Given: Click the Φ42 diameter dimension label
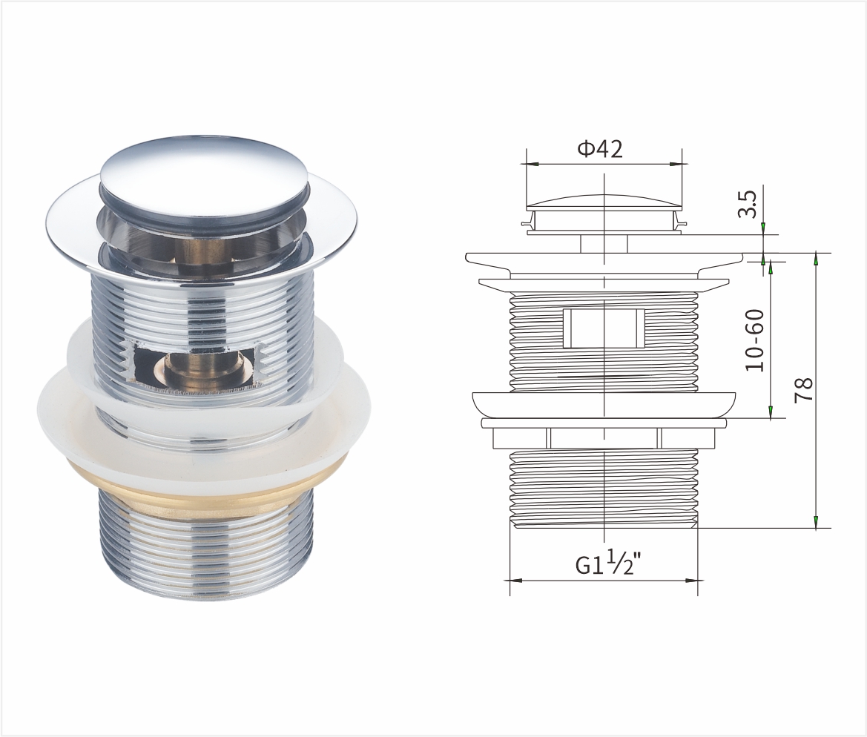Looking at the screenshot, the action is pyautogui.click(x=600, y=149).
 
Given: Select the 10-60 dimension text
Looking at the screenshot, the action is pyautogui.click(x=755, y=340).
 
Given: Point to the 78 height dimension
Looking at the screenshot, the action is pyautogui.click(x=803, y=390).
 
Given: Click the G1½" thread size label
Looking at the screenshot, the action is pyautogui.click(x=610, y=564).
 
